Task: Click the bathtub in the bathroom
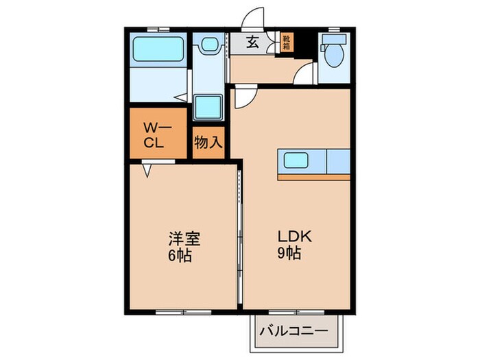[158, 50]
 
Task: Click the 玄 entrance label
[252, 43]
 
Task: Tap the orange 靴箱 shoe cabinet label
[287, 43]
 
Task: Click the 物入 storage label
[208, 143]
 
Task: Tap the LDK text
[294, 237]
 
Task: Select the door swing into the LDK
[244, 99]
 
